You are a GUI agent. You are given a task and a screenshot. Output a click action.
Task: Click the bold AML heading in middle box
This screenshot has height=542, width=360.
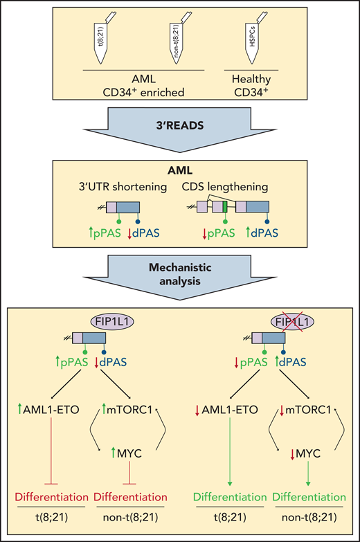179,170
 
